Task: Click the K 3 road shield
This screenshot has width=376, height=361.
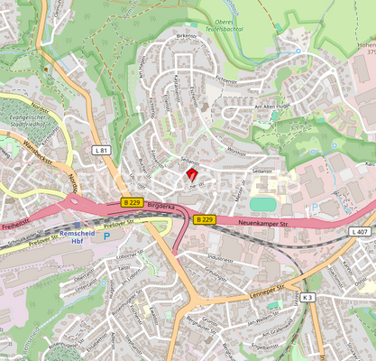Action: coord(307,297)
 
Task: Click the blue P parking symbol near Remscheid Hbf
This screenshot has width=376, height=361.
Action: coord(108,236)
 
